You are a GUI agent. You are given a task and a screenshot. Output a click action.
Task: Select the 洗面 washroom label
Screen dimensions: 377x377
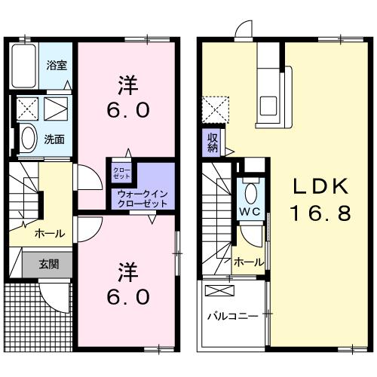[53, 139]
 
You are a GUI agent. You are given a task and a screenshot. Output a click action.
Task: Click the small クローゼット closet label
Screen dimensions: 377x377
[122, 173]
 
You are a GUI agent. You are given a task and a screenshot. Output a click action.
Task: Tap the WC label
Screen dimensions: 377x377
[250, 212]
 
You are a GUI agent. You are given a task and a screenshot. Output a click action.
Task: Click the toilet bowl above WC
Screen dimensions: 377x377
[251, 188]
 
